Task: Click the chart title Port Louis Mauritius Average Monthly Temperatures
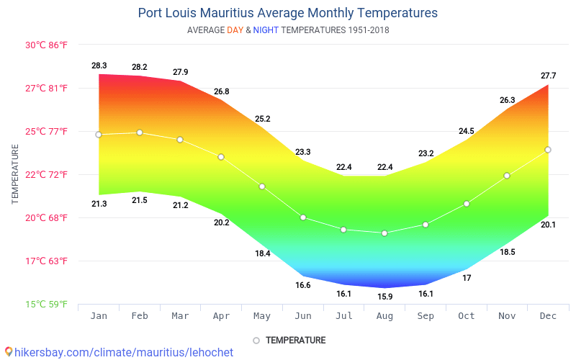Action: pyautogui.click(x=287, y=13)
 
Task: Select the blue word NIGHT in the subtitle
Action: pyautogui.click(x=266, y=30)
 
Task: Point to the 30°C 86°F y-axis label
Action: pyautogui.click(x=47, y=45)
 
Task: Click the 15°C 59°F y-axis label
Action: pyautogui.click(x=47, y=304)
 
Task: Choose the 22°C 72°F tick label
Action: pyautogui.click(x=47, y=174)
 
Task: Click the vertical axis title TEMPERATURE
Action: pyautogui.click(x=15, y=174)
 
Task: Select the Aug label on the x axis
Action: pyautogui.click(x=385, y=316)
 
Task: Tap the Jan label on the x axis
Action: pyautogui.click(x=99, y=316)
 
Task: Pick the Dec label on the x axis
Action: pyautogui.click(x=549, y=316)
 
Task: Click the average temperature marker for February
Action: pyautogui.click(x=140, y=132)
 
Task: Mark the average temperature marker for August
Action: pyautogui.click(x=385, y=233)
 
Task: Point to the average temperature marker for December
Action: pyautogui.click(x=548, y=150)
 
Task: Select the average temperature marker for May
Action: pyautogui.click(x=262, y=186)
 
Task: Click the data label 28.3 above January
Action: pyautogui.click(x=99, y=66)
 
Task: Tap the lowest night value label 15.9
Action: pyautogui.click(x=385, y=297)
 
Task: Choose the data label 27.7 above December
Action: pyautogui.click(x=549, y=76)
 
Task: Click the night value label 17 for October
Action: pyautogui.click(x=467, y=278)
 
